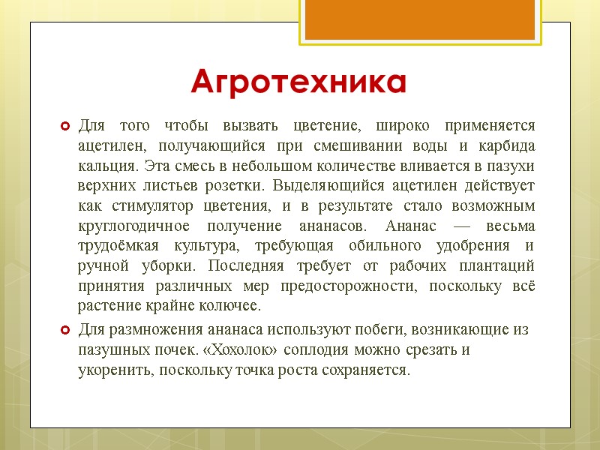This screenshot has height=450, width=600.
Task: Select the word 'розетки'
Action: [x=241, y=185]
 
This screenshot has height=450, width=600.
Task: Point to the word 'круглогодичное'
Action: [x=132, y=226]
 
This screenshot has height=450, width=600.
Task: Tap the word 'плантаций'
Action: [x=498, y=266]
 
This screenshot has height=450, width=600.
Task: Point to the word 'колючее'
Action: [x=231, y=307]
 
